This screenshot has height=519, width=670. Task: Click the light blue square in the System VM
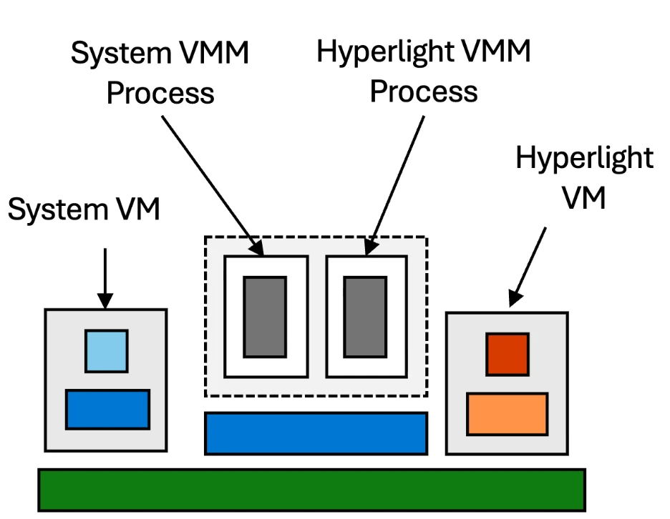pos(107,351)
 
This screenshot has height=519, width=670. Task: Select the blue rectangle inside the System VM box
pos(107,410)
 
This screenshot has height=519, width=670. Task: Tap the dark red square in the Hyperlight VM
pos(508,355)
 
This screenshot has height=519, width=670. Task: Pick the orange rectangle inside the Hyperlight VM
pos(508,414)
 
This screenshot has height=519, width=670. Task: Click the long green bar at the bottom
pos(311,490)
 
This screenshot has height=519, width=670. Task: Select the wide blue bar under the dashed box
pos(316,433)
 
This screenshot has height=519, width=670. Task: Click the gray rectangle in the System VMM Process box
pos(265,317)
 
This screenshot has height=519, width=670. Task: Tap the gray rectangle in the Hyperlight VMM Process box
pos(365,317)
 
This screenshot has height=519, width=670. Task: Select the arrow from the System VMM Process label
pos(212,182)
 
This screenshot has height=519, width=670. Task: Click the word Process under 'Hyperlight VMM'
pos(423,92)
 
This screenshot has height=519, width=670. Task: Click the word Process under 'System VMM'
pos(160,93)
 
